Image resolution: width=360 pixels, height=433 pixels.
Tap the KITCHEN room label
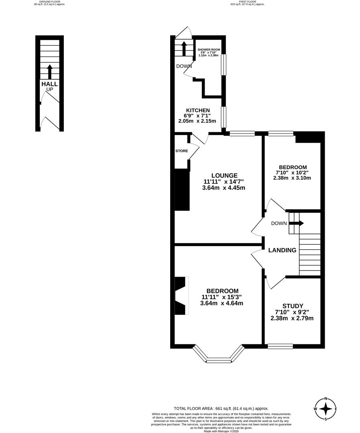coord(197,110)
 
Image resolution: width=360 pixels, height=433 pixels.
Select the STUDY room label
coord(292,306)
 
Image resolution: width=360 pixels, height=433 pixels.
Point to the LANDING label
coord(282,250)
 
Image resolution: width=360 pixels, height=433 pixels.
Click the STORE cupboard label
coord(181,151)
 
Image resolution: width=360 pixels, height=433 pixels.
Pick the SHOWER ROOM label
coord(209,50)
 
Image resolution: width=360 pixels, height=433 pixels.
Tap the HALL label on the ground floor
coord(49,84)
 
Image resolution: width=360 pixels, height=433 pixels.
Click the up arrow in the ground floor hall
coord(50,71)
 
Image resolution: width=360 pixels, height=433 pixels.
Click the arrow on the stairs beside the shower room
coord(184,48)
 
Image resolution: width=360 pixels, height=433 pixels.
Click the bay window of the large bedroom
coord(219,358)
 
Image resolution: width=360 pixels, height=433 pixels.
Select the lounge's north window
coord(242,134)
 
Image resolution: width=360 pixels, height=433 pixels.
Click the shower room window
coord(224,64)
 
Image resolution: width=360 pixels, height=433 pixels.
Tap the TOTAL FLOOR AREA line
coord(221,408)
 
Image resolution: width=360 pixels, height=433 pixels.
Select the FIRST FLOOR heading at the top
coord(247,2)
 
